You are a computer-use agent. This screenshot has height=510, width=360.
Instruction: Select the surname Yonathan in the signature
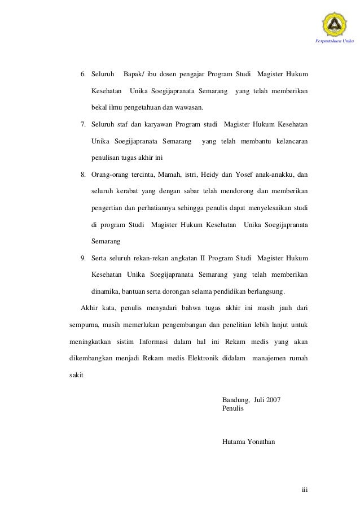[x=261, y=441]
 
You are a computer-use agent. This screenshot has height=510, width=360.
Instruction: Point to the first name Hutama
[x=234, y=441]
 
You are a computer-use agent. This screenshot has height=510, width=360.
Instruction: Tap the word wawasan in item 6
[x=189, y=107]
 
